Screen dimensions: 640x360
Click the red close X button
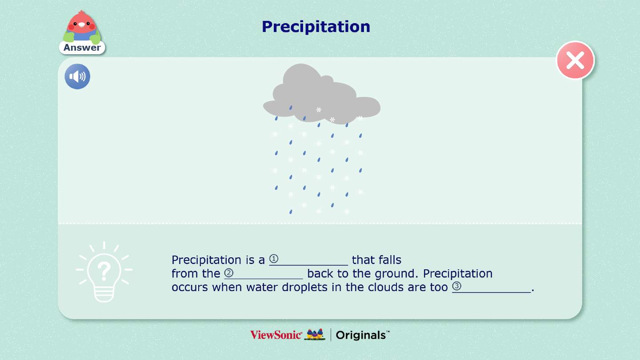(x=575, y=60)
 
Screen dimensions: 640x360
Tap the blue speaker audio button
(x=77, y=76)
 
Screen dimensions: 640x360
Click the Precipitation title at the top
(x=316, y=27)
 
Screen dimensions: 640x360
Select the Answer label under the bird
(x=82, y=48)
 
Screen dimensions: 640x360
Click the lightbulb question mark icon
(x=104, y=272)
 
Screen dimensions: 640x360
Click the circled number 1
(x=274, y=259)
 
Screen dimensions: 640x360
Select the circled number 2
(x=229, y=273)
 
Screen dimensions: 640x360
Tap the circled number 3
(x=456, y=286)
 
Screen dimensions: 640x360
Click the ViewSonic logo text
(x=276, y=335)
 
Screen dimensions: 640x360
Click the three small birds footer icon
(x=315, y=334)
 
